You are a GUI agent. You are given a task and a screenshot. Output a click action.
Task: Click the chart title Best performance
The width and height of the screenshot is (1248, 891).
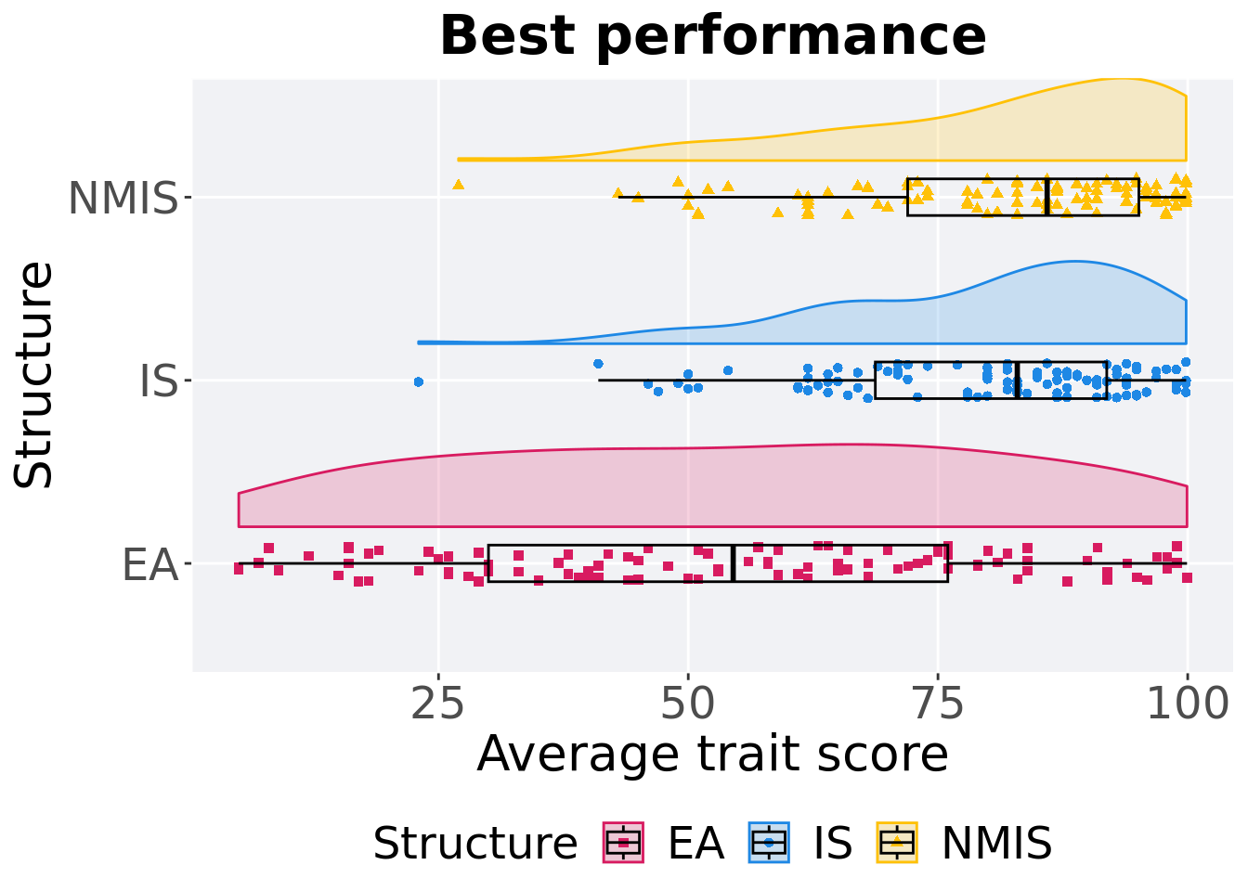point(712,36)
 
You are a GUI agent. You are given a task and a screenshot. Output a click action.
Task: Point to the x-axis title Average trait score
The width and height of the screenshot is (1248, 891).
point(712,754)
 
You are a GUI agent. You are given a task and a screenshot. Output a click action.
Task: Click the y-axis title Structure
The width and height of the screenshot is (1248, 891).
point(34,374)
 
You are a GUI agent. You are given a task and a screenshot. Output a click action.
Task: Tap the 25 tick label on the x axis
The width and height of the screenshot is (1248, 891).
point(437,705)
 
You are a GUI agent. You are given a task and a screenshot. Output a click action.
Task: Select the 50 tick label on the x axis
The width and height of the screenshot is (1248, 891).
point(687,705)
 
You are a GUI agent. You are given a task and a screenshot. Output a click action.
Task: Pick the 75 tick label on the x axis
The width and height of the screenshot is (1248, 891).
point(938,705)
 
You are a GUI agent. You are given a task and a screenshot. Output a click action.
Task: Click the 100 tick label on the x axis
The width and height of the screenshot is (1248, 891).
point(1187,705)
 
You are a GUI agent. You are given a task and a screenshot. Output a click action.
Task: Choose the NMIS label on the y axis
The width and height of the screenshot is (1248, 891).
point(123,198)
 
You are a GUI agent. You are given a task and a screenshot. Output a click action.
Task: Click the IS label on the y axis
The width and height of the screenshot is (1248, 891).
point(158,381)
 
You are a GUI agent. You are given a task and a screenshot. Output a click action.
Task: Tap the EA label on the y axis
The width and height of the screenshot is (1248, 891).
point(149,564)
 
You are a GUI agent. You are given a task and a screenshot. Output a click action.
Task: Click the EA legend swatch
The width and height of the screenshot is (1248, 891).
point(623,843)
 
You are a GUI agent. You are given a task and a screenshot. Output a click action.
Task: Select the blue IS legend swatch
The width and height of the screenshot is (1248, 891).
point(769,843)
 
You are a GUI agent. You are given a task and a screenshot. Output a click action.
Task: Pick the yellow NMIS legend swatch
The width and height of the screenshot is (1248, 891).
point(897,843)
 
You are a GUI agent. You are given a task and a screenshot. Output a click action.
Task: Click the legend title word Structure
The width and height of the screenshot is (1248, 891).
point(474,844)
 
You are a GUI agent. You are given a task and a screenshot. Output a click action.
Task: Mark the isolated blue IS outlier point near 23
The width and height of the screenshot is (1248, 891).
point(418,381)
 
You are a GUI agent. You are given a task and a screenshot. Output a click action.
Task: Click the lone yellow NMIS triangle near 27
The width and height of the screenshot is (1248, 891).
point(458,185)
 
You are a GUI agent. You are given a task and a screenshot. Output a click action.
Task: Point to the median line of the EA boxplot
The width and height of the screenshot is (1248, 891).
point(733,563)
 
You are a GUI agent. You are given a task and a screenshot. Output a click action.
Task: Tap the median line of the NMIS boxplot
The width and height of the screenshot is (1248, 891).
point(1047,197)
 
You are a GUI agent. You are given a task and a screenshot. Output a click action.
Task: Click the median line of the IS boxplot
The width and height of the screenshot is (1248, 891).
point(1018,381)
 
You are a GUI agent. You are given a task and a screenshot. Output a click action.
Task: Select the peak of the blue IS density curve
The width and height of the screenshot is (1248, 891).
point(1074,262)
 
